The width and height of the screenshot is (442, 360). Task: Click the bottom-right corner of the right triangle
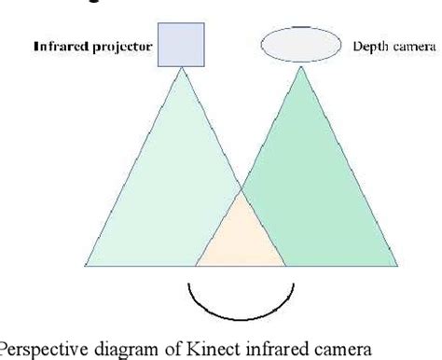(x=398, y=266)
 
